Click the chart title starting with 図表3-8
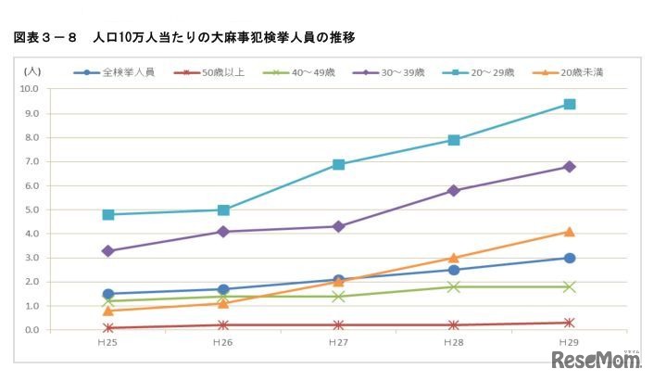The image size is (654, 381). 184,37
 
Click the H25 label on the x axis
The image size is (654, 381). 108,343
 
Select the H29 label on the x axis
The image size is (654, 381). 570,343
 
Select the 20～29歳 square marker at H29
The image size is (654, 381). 570,105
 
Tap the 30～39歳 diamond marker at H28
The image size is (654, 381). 454,191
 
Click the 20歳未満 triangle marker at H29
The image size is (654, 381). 570,232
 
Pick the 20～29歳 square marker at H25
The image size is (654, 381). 108,214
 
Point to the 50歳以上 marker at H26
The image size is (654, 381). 223,325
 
